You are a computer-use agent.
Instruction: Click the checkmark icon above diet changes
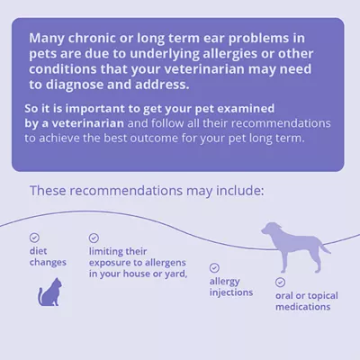pyautogui.click(x=34, y=238)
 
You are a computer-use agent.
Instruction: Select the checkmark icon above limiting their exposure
pyautogui.click(x=94, y=238)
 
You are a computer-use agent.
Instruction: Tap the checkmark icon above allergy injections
pyautogui.click(x=214, y=267)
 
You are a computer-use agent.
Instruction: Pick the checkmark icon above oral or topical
pyautogui.click(x=280, y=281)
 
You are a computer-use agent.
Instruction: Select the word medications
pyautogui.click(x=303, y=306)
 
